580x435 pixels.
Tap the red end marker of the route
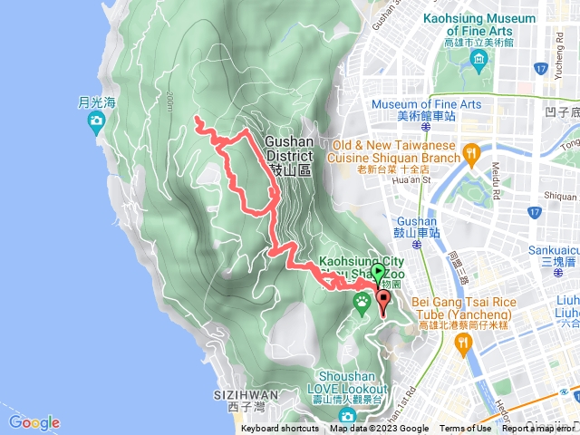point(382,301)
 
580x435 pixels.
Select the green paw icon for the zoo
point(362,302)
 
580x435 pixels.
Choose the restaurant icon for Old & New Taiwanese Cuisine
point(469,153)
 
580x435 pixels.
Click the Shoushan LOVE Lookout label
point(353,382)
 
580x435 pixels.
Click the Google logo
point(34,422)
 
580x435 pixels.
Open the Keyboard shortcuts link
point(280,429)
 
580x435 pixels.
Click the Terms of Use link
point(466,429)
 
